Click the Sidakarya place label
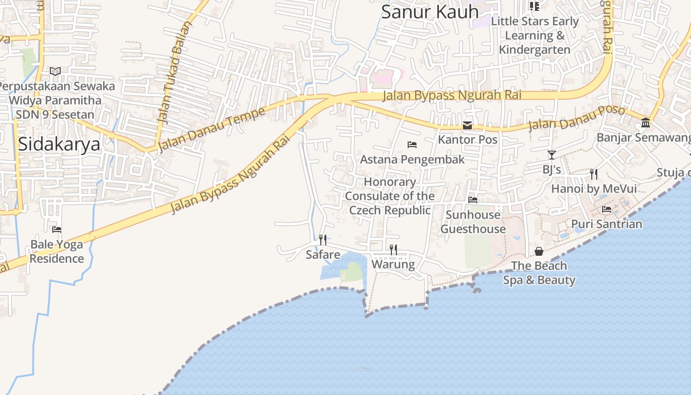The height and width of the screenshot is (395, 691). pos(59,144)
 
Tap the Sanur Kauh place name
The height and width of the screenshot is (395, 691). pos(429,12)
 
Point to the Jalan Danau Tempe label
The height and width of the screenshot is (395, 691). pos(212,129)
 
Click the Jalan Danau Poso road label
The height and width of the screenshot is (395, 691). pos(576,118)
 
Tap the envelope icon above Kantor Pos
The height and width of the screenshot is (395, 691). pos(467,125)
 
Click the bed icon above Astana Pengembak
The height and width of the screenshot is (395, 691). pos(412,145)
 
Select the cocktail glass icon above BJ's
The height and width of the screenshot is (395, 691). pos(552,155)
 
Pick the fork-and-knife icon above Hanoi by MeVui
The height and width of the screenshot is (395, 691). pos(594,174)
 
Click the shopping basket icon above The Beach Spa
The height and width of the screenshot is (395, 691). pos(539,251)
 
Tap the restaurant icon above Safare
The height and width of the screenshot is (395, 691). pos(323,240)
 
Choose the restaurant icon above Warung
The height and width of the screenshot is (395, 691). pos(393,249)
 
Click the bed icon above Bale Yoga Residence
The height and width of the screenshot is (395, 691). pos(57,230)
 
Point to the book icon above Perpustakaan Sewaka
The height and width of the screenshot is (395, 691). pos(55,72)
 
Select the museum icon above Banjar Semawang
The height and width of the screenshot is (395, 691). pos(646,122)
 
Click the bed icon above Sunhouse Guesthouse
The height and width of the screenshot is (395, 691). pos(473,200)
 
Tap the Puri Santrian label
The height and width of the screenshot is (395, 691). pos(607,224)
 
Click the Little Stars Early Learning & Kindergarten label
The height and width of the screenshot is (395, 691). pos(535,36)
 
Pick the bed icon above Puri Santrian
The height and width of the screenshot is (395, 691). pos(607,209)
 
